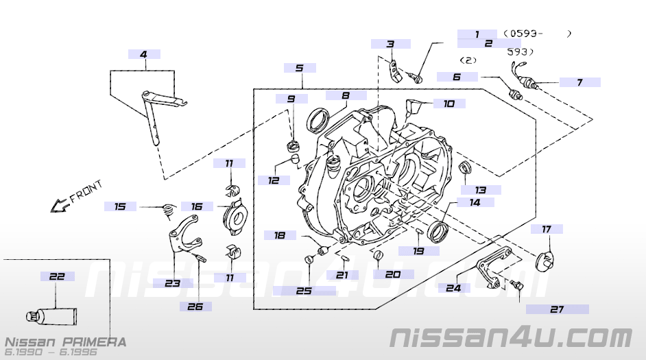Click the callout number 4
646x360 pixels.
click(144, 54)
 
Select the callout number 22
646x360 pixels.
click(57, 276)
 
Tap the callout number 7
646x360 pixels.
click(579, 82)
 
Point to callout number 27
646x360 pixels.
click(557, 309)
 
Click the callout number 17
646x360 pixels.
click(547, 229)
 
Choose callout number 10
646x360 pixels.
click(448, 104)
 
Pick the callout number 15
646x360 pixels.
click(120, 206)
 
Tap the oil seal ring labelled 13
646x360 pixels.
click(465, 167)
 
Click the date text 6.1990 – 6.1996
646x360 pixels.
click(51, 352)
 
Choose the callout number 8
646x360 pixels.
click(346, 95)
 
